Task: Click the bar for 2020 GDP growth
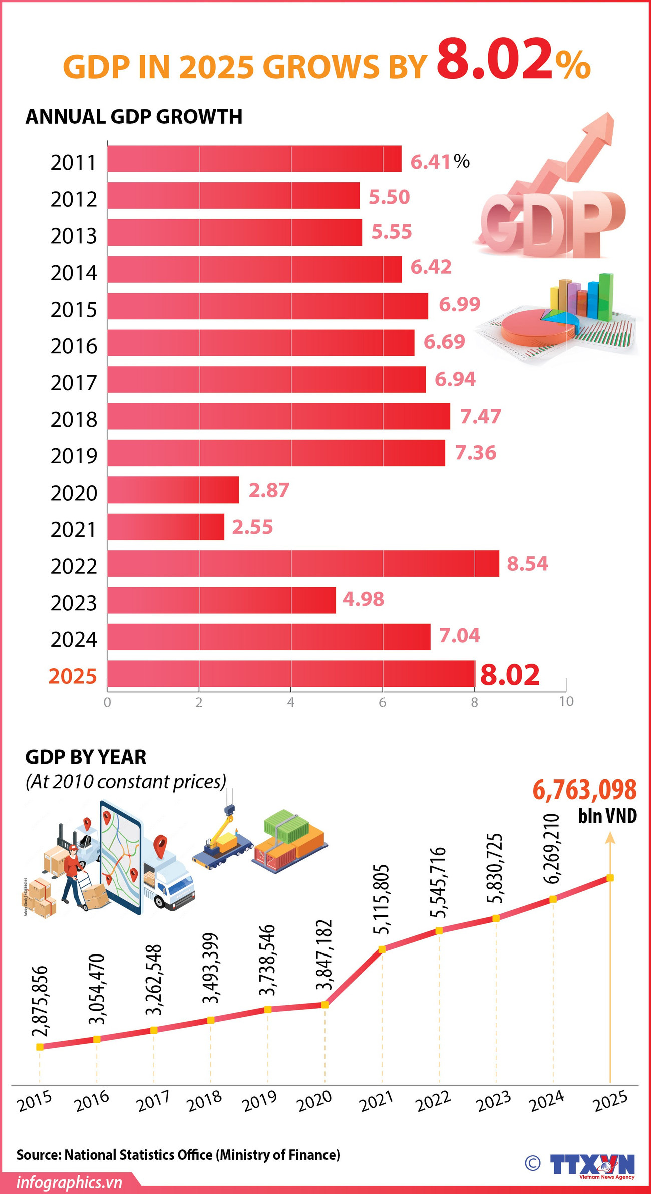pyautogui.click(x=173, y=490)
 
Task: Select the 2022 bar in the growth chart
pyautogui.click(x=303, y=563)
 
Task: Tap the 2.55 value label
pyautogui.click(x=252, y=527)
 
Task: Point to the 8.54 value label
pyautogui.click(x=527, y=564)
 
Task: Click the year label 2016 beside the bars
pyautogui.click(x=74, y=346)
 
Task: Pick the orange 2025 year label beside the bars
pyautogui.click(x=73, y=676)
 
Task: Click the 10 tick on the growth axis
pyautogui.click(x=566, y=702)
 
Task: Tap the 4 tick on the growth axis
pyautogui.click(x=290, y=702)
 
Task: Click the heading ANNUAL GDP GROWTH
pyautogui.click(x=134, y=117)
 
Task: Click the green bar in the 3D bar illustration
pyautogui.click(x=606, y=296)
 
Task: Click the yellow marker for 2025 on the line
pyautogui.click(x=610, y=878)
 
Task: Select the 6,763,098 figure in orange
pyautogui.click(x=584, y=790)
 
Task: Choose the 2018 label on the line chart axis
pyautogui.click(x=205, y=1101)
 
